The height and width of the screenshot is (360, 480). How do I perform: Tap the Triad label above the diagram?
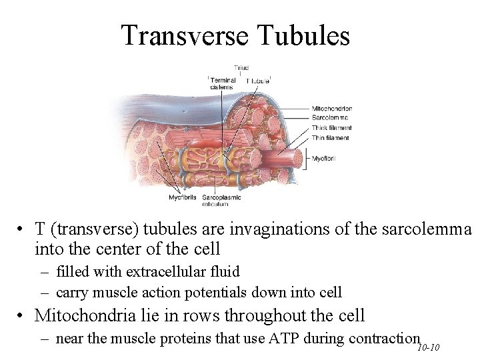[241, 68]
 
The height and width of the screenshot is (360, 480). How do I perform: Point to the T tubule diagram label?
[258, 81]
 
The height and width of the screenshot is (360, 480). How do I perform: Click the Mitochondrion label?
[331, 108]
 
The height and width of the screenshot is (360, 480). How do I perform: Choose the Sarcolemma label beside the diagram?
[330, 117]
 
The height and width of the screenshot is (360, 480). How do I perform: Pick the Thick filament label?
[331, 127]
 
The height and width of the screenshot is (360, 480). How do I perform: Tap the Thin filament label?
[331, 137]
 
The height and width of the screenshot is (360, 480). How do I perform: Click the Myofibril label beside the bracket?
[325, 159]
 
